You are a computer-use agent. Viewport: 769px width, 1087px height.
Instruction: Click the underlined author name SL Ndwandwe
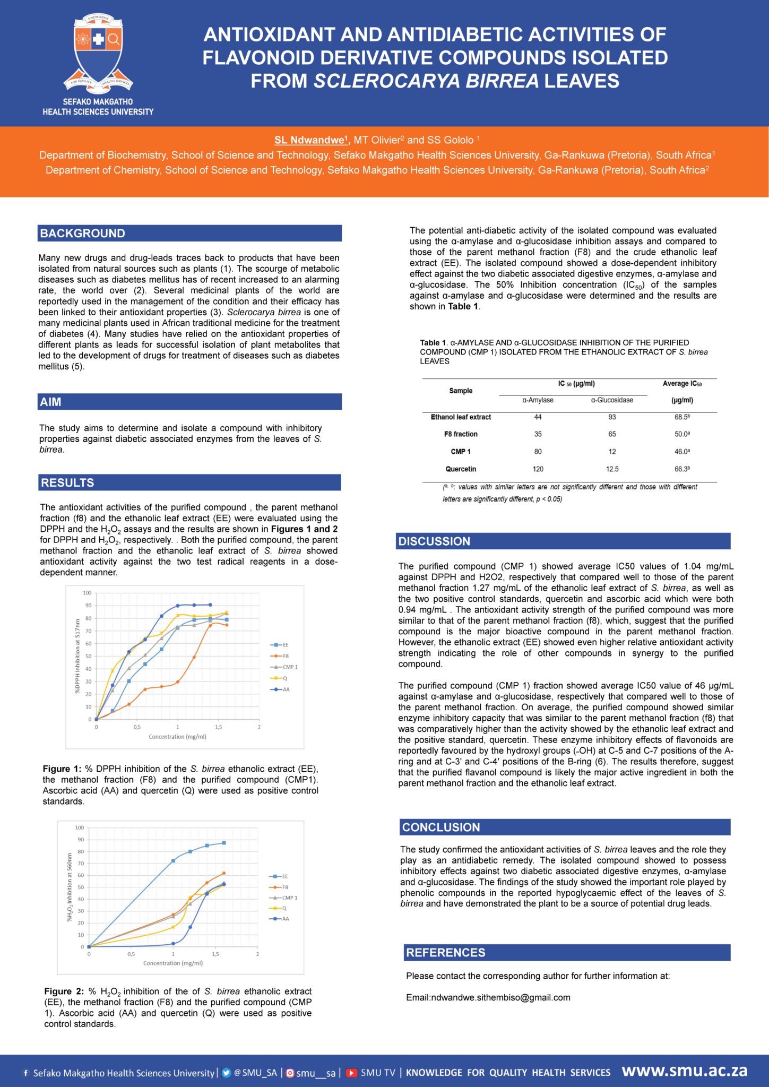pyautogui.click(x=311, y=140)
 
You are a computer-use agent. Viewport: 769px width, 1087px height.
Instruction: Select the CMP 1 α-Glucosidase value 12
pyautogui.click(x=612, y=452)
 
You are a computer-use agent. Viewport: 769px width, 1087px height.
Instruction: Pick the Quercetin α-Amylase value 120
pyautogui.click(x=538, y=469)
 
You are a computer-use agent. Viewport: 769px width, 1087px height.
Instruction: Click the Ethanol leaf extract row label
pyautogui.click(x=461, y=417)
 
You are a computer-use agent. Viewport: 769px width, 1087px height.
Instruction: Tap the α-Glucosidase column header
pyautogui.click(x=612, y=400)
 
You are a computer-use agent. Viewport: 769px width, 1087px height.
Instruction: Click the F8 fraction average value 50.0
pyautogui.click(x=682, y=434)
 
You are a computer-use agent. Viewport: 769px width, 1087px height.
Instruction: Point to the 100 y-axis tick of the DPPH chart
pyautogui.click(x=87, y=593)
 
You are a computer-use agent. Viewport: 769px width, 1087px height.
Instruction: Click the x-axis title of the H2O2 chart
pyautogui.click(x=173, y=963)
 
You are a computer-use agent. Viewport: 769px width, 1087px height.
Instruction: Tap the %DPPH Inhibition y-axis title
pyautogui.click(x=77, y=656)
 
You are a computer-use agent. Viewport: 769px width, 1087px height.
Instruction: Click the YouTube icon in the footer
pyautogui.click(x=351, y=1073)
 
